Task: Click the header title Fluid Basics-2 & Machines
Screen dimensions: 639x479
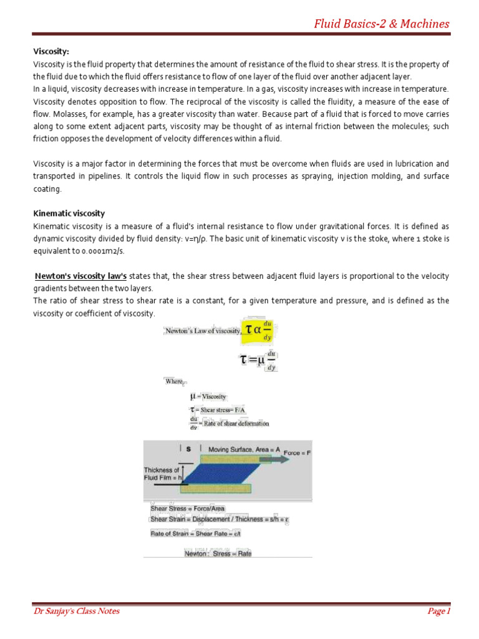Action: coord(381,24)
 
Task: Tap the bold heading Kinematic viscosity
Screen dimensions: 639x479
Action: coord(69,213)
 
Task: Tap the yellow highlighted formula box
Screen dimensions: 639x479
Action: coord(261,329)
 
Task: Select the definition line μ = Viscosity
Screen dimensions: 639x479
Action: coord(208,396)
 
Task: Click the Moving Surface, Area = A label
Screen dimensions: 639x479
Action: coord(244,449)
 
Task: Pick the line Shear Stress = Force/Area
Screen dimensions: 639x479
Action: coord(188,509)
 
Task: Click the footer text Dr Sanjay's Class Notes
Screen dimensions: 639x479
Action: coord(76,611)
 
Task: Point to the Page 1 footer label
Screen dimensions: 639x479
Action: coord(438,611)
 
